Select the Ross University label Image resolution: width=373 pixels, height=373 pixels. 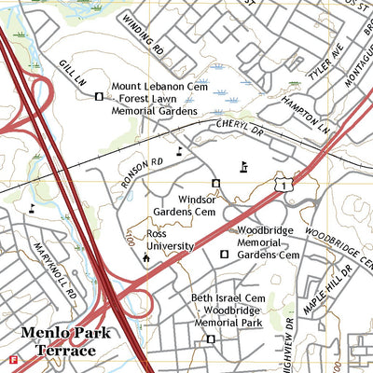pyautogui.click(x=169, y=240)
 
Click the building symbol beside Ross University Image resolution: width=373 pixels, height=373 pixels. pyautogui.click(x=145, y=257)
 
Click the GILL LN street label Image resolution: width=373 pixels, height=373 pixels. pyautogui.click(x=73, y=72)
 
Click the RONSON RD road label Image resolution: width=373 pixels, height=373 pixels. pyautogui.click(x=141, y=172)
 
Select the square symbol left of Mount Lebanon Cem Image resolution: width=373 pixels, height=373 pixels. pyautogui.click(x=99, y=95)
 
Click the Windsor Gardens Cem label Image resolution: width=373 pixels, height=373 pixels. pyautogui.click(x=184, y=206)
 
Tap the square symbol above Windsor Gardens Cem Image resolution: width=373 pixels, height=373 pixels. pyautogui.click(x=215, y=183)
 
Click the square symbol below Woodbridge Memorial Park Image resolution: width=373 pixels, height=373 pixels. pyautogui.click(x=211, y=339)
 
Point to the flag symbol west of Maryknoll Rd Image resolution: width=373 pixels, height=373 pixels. pyautogui.click(x=33, y=209)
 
